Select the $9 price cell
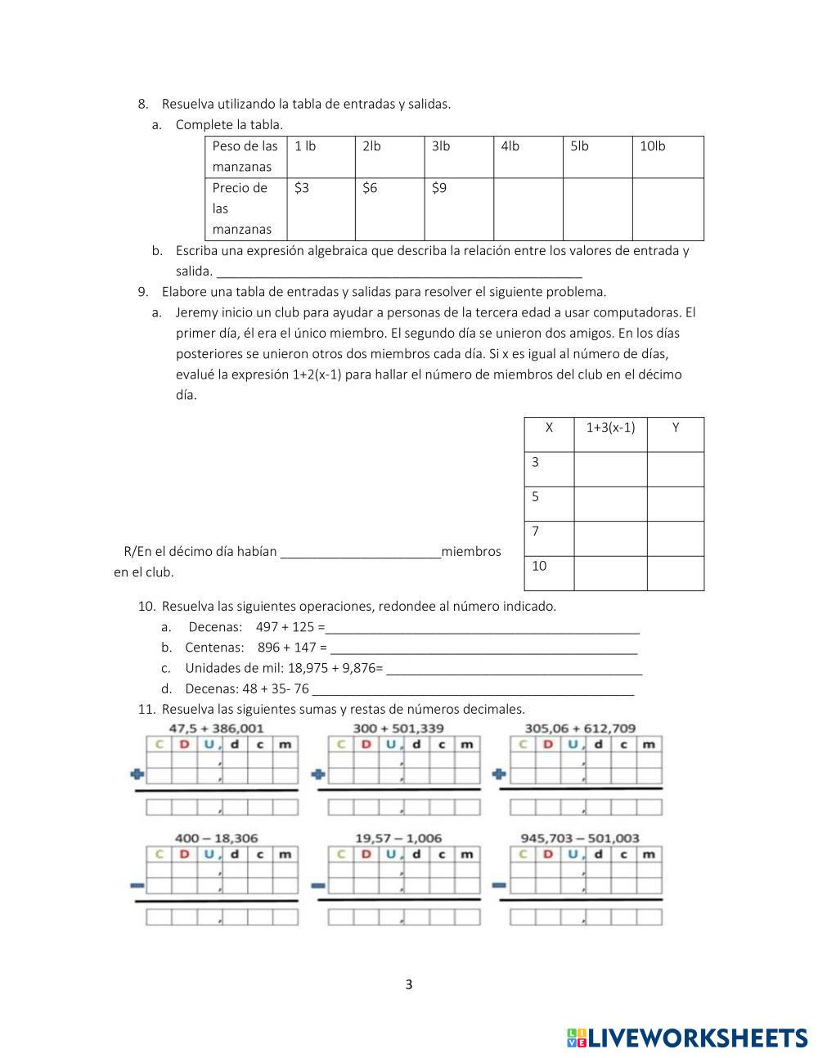(x=458, y=208)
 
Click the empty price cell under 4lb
(x=528, y=208)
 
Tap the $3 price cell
(x=320, y=208)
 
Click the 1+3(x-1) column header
(x=610, y=428)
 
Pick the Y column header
(x=676, y=428)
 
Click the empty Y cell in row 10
(x=676, y=573)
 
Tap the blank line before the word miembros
(x=360, y=553)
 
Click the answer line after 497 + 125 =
(x=482, y=628)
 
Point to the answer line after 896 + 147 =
(x=483, y=648)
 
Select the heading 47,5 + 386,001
(x=216, y=728)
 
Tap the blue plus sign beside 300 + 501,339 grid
(x=318, y=773)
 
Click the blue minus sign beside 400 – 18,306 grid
(x=137, y=885)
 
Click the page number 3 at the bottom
(x=409, y=984)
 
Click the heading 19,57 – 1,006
(x=398, y=838)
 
